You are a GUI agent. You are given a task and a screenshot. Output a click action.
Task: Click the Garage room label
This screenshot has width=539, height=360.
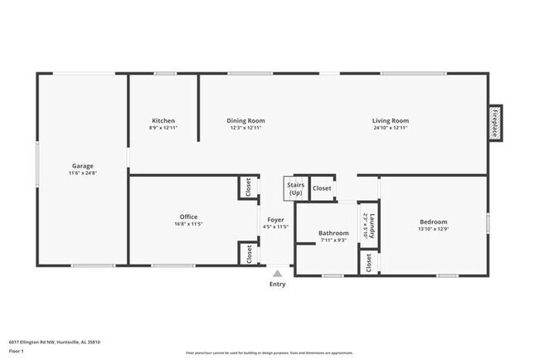coord(81,166)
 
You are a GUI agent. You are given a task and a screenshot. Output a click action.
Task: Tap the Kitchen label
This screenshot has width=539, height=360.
coord(163,121)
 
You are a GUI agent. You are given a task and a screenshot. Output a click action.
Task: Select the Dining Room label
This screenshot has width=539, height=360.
coord(245,121)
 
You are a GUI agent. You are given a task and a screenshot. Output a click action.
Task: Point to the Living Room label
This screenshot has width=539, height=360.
coord(390,121)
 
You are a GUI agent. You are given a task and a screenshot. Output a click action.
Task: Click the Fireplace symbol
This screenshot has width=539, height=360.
coord(495,123)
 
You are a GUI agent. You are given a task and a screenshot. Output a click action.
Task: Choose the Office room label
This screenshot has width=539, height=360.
coord(189,217)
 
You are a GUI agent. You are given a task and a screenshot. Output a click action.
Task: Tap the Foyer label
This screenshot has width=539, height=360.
coord(275,219)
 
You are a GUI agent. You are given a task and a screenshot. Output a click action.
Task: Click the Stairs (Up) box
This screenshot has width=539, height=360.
coord(296,189)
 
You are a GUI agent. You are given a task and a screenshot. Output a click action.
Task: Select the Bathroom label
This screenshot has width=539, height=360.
coord(333,233)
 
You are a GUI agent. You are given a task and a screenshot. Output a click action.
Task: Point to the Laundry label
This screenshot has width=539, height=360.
coord(374,226)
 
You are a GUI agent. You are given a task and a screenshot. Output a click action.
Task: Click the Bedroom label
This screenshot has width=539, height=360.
coord(433,221)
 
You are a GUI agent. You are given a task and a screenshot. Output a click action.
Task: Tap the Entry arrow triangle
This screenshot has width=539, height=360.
coord(277,272)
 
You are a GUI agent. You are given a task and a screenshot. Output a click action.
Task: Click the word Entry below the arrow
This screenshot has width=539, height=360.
coord(277,285)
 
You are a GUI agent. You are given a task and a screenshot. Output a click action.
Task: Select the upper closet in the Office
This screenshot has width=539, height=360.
coord(248,187)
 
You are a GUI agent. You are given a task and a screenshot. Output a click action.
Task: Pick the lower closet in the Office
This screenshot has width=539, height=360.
coord(248,254)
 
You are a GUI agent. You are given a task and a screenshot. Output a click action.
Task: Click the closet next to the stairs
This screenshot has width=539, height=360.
coord(322,188)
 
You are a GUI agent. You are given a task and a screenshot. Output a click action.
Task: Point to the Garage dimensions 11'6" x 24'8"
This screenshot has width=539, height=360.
coord(81,173)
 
